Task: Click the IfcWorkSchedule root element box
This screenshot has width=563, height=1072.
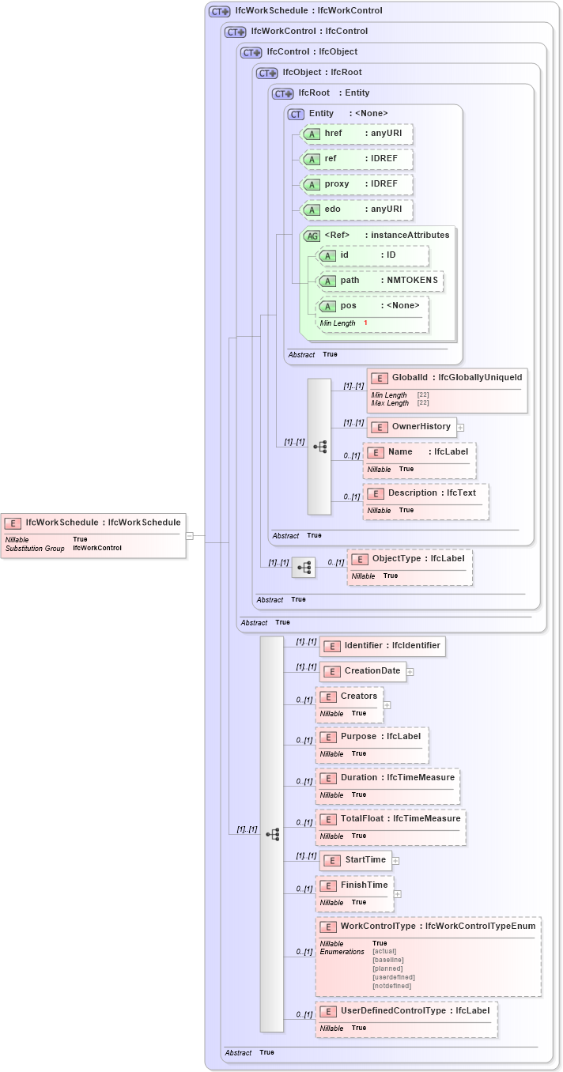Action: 93,535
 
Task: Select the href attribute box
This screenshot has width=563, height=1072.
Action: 357,134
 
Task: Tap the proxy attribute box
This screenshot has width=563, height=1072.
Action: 357,184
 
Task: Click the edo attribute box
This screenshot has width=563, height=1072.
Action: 357,209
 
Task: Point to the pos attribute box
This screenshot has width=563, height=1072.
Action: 372,314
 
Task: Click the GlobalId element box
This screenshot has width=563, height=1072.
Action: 447,390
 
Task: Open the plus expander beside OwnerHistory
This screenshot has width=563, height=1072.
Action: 460,427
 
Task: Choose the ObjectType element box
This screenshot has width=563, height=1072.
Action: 410,566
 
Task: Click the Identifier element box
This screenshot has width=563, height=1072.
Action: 382,646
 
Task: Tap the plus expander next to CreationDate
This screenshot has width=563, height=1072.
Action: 410,672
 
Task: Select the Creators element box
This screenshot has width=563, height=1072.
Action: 349,704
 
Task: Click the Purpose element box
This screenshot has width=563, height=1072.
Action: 372,744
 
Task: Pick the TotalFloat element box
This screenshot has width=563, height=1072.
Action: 390,826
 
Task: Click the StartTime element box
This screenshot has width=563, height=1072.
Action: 355,860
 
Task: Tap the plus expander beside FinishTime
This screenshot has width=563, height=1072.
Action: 398,894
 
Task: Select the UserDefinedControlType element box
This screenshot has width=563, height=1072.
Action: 406,1018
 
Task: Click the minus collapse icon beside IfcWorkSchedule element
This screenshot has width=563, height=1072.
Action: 190,536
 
